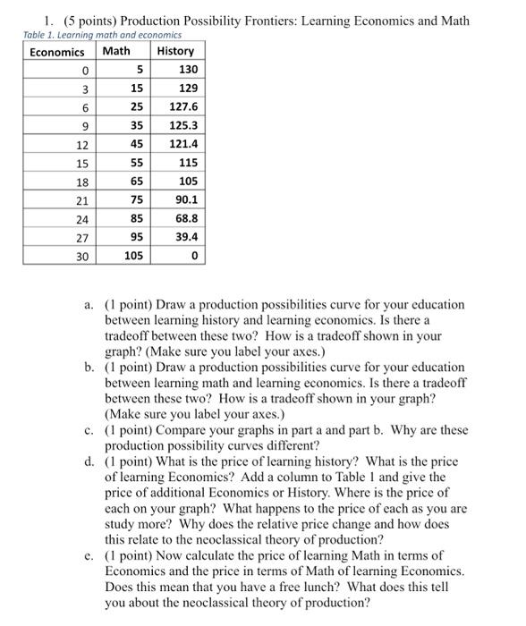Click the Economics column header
click(56, 51)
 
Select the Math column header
click(116, 51)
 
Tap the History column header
click(175, 51)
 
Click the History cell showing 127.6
click(182, 106)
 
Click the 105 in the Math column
click(133, 257)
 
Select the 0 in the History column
click(193, 257)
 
